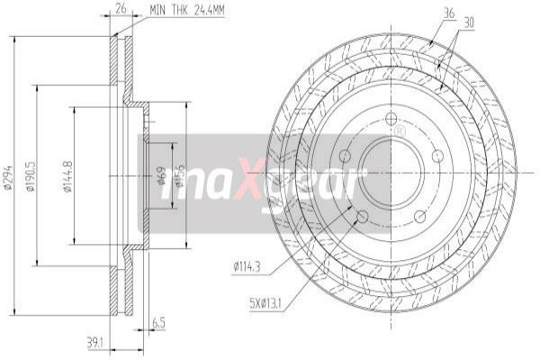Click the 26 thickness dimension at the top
120,10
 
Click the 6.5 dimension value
158,320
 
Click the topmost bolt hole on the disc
390,121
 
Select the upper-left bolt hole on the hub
345,156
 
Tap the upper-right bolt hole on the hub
437,156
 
